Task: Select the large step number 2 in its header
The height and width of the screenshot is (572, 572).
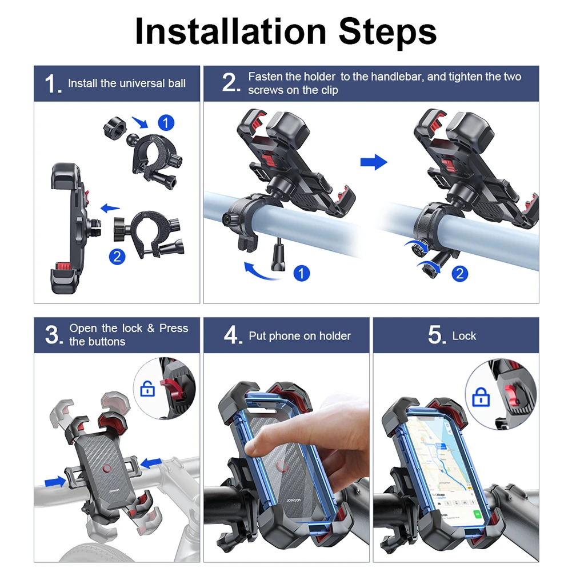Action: (x=231, y=83)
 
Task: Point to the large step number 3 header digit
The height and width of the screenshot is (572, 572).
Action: (x=53, y=335)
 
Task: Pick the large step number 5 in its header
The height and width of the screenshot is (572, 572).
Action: (x=435, y=335)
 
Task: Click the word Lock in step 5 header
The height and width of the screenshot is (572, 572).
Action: (x=463, y=336)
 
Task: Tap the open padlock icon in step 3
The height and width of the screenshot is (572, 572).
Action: (x=148, y=389)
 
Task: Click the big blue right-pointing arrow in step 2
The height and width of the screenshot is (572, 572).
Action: (x=374, y=163)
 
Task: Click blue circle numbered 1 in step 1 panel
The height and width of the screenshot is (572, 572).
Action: (x=166, y=122)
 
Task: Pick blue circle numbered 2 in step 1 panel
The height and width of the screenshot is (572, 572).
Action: (x=117, y=257)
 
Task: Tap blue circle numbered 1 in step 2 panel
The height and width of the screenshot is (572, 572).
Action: (x=302, y=273)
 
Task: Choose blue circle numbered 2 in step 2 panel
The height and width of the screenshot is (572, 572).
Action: (x=459, y=273)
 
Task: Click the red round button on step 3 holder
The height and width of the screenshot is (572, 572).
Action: (x=107, y=470)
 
